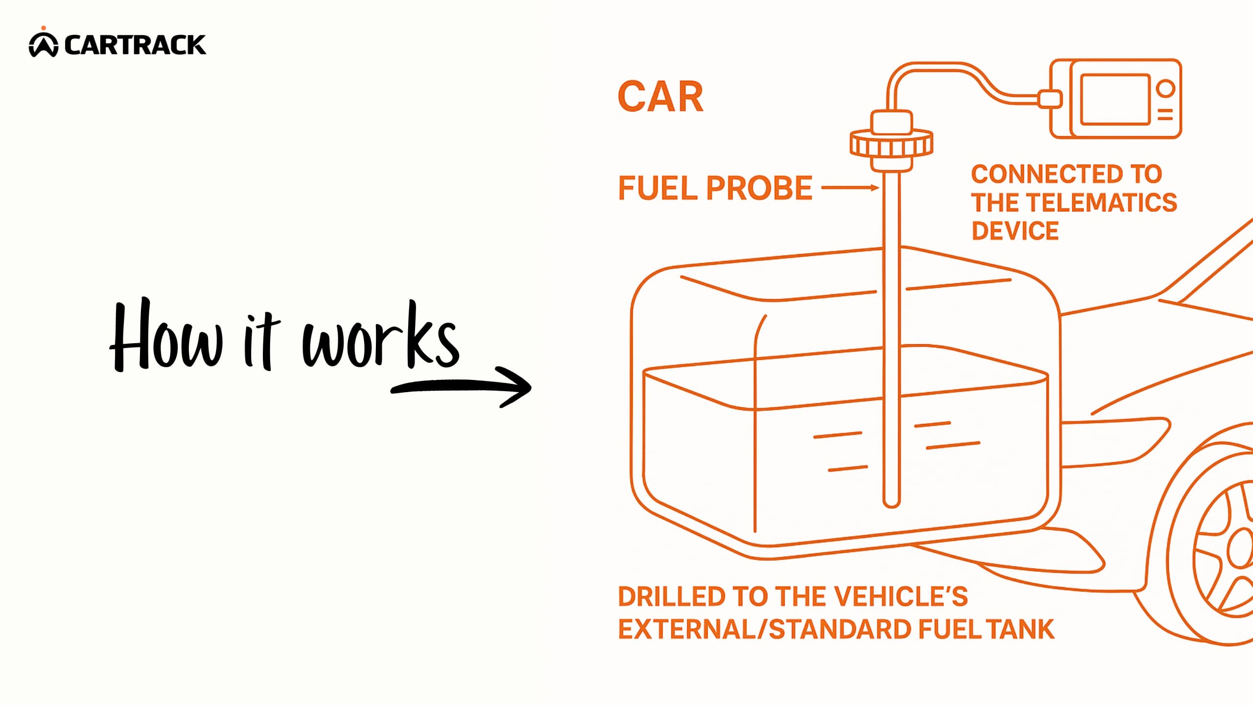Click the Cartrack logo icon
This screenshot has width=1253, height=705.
pos(44,45)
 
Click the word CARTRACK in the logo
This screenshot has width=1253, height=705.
pos(135,45)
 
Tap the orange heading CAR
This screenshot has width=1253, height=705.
pos(660,97)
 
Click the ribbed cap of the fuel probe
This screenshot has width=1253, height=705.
pos(891,144)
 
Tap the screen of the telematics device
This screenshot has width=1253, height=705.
pos(1115,99)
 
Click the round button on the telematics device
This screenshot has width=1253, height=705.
pos(1165,89)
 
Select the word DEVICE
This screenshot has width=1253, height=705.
pos(1015,231)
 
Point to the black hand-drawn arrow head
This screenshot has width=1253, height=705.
pos(519,387)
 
